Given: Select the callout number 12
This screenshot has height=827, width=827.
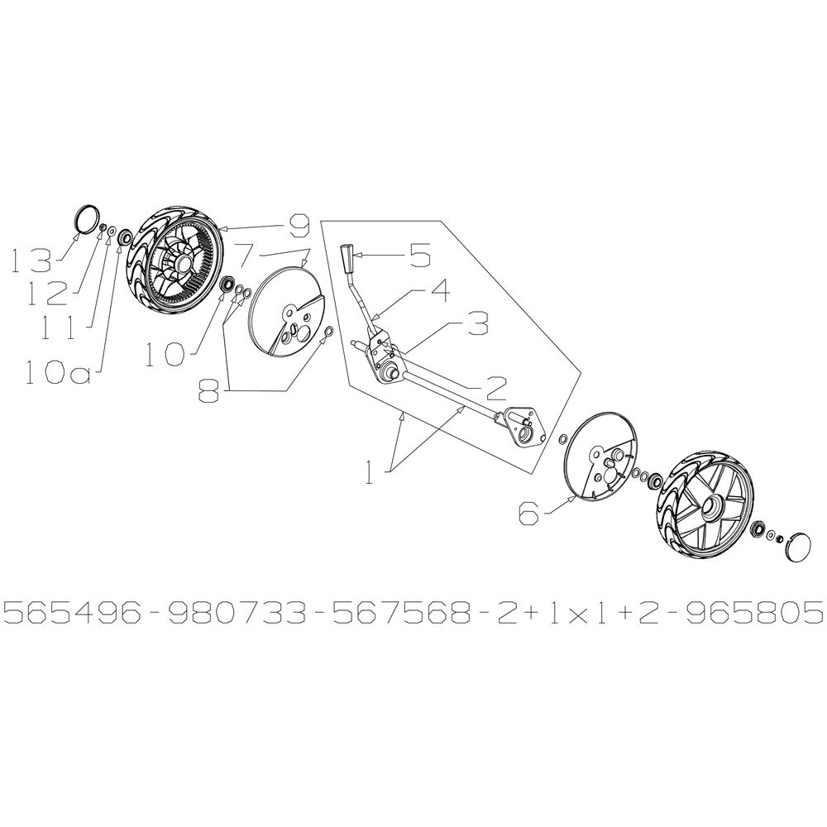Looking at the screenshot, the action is point(48,294).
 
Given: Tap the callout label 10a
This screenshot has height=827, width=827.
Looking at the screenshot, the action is point(55,373).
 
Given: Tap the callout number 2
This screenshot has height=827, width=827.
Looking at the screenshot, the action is point(495,389).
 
